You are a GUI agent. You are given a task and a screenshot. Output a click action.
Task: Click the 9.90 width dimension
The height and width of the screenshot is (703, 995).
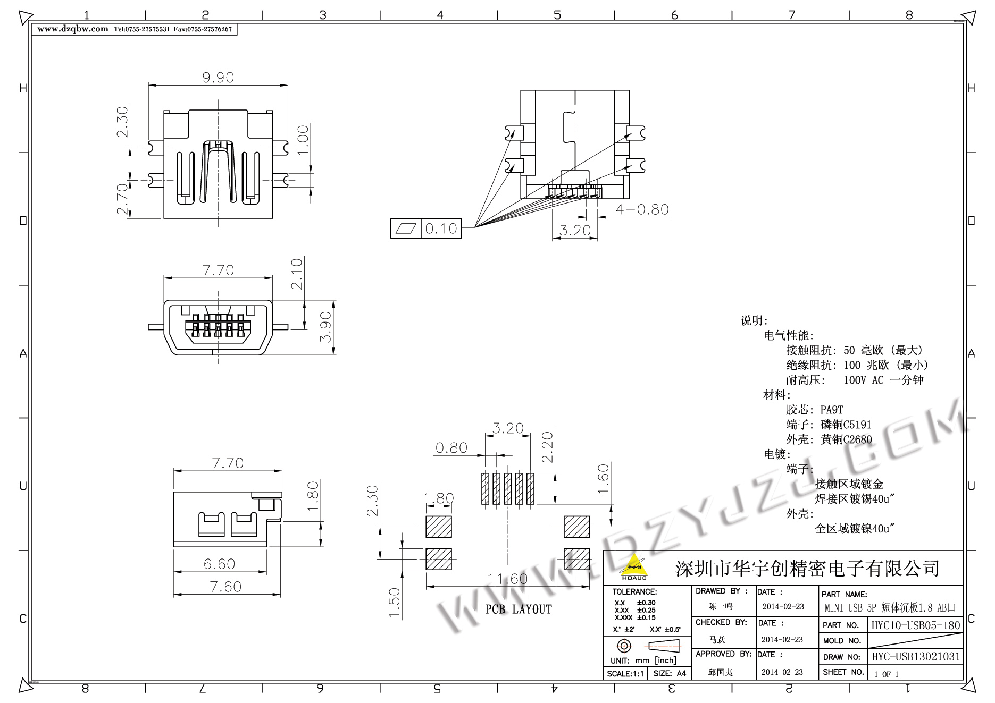218,78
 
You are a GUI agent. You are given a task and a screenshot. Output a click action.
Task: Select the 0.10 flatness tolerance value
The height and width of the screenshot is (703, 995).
441,228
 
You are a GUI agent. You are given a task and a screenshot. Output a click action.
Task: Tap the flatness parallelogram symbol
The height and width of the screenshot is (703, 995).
406,228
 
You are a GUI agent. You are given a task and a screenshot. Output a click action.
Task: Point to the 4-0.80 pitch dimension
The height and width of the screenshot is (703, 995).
642,209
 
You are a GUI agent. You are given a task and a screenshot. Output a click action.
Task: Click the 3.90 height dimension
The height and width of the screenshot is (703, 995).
326,327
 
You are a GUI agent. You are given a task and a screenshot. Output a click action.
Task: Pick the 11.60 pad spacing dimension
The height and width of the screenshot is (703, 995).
507,579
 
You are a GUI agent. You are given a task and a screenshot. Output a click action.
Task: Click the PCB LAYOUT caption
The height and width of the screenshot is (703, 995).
519,609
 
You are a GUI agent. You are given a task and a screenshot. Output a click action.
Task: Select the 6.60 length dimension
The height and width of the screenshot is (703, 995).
219,564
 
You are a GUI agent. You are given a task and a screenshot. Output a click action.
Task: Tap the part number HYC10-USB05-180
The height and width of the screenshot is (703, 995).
915,625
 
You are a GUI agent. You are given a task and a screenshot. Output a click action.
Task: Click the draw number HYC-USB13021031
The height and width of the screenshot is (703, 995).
915,657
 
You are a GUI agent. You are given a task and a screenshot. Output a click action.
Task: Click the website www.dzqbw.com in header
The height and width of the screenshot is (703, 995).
73,29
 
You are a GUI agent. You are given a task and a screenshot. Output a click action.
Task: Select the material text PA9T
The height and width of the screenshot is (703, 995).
832,410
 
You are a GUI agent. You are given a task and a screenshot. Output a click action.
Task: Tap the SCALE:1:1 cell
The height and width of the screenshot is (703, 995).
625,674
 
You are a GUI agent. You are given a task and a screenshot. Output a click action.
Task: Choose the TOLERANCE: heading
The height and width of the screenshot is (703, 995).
634,591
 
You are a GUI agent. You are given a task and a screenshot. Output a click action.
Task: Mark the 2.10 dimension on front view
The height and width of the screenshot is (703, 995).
297,273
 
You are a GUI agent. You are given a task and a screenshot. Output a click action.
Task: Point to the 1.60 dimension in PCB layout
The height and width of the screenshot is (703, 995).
603,479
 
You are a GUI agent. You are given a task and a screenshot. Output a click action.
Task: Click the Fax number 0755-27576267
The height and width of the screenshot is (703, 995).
203,29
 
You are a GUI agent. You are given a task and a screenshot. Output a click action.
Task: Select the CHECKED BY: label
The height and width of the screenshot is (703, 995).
721,622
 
